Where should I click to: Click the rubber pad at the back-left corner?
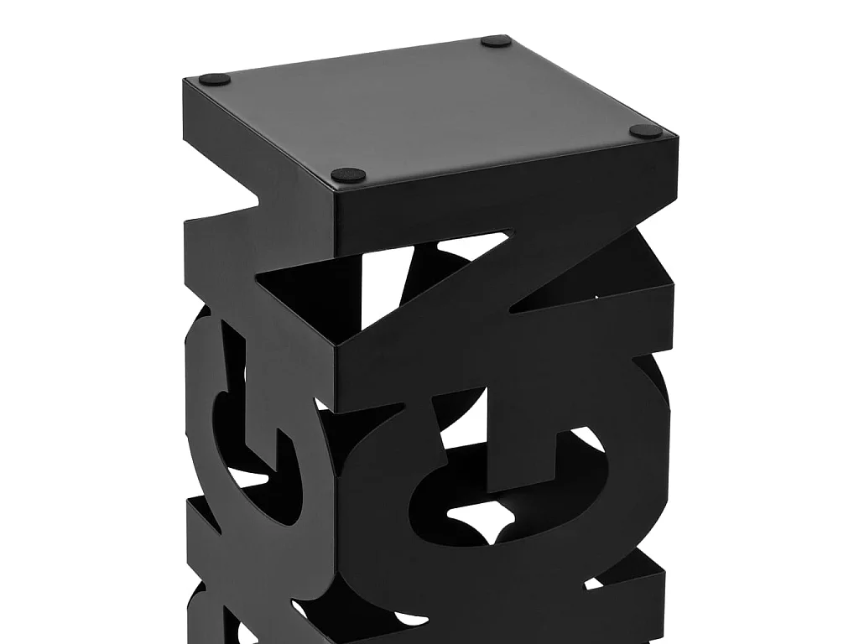point(215,80)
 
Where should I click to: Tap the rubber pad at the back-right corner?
point(497,40)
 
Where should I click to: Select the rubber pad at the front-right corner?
point(646,132)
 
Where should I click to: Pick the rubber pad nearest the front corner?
point(348,175)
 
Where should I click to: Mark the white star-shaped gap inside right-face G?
point(478,528)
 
